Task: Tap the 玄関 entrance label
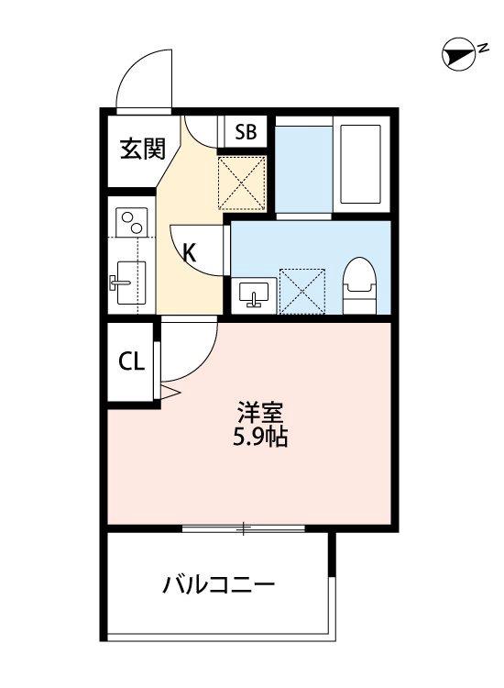point(142,148)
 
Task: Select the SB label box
point(245,132)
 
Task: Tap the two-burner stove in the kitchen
point(132,223)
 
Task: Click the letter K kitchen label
point(190,253)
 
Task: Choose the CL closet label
point(131,361)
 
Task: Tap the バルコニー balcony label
point(218,583)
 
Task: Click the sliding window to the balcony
point(242,527)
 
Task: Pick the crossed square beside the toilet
point(302,288)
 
